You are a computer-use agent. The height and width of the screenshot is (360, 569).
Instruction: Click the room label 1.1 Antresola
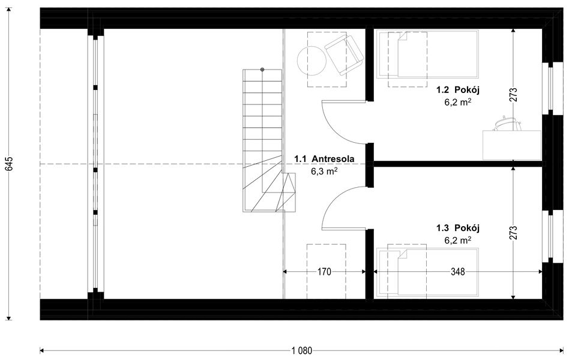click(324, 159)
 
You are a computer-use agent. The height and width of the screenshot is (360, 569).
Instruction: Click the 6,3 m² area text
click(324, 171)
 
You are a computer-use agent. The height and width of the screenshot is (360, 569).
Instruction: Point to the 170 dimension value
click(324, 272)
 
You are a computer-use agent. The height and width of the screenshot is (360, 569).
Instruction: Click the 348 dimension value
click(457, 272)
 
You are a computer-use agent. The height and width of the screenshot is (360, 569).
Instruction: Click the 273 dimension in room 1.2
click(513, 95)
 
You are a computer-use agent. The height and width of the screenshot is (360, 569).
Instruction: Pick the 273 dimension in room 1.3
click(513, 232)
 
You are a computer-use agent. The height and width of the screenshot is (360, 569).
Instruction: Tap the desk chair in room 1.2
click(504, 123)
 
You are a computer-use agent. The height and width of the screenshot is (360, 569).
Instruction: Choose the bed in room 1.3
click(427, 273)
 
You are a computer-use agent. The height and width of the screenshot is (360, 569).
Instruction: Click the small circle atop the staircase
click(262, 70)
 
